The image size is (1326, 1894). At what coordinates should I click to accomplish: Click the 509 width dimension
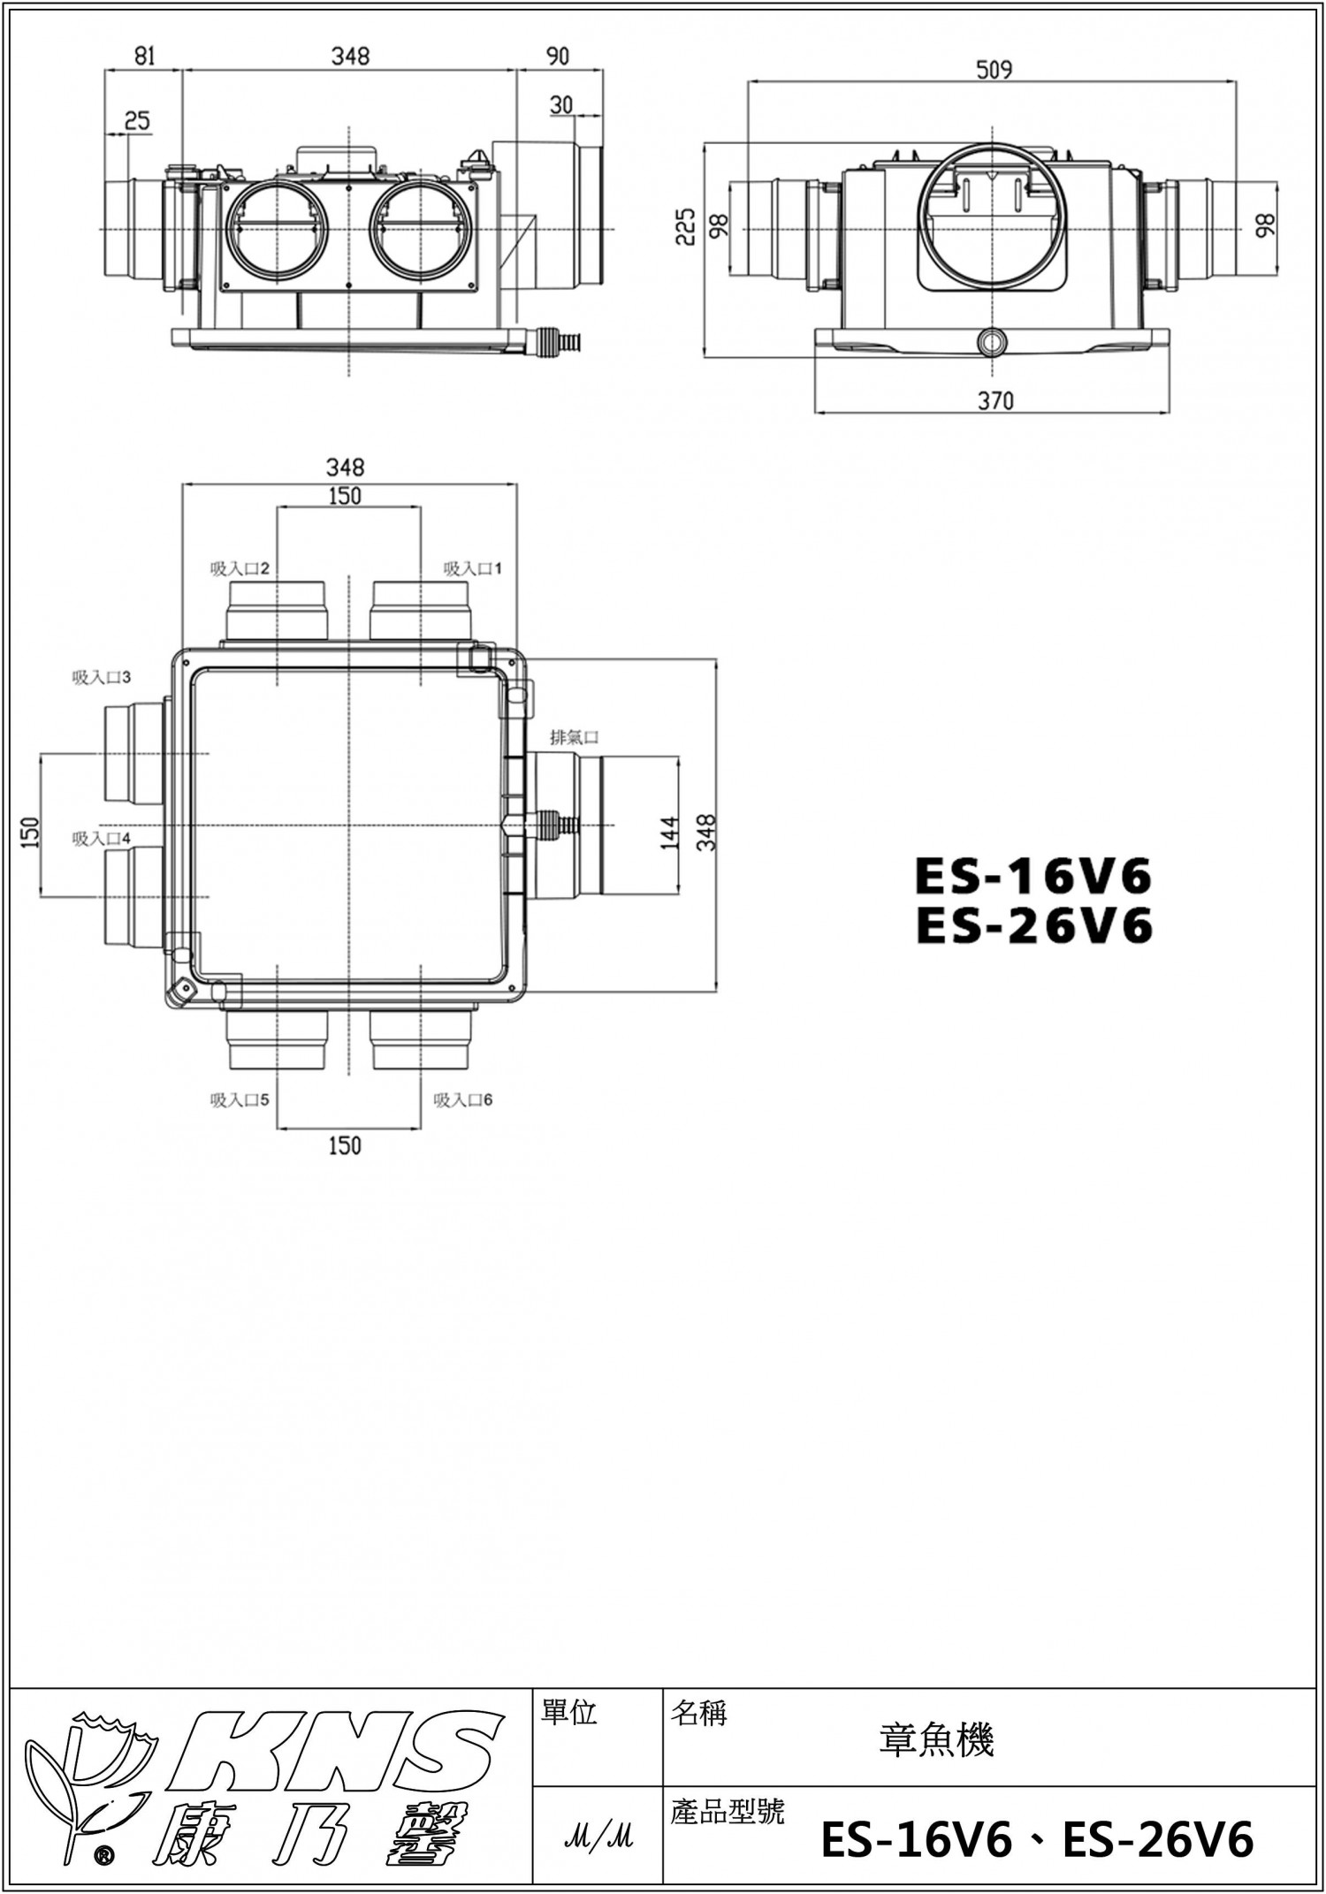pyautogui.click(x=994, y=69)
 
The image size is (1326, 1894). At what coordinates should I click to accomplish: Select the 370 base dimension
pyautogui.click(x=995, y=401)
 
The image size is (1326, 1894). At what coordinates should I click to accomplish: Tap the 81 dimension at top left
pyautogui.click(x=145, y=56)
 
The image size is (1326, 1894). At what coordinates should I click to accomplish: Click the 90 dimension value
pyautogui.click(x=558, y=56)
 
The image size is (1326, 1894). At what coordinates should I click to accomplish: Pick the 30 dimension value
pyautogui.click(x=561, y=105)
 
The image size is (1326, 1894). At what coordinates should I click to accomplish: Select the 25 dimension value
pyautogui.click(x=137, y=119)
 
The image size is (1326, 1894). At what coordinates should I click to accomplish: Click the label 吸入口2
pyautogui.click(x=240, y=568)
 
